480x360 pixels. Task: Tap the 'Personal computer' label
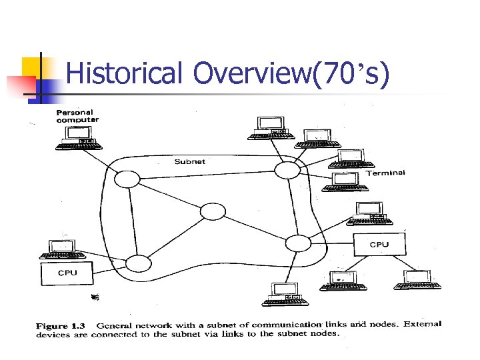click(77, 115)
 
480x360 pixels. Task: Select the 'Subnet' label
click(189, 161)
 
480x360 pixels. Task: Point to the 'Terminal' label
click(385, 173)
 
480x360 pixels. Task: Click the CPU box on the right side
click(379, 244)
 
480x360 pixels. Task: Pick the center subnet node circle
click(213, 212)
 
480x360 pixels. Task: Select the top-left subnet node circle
click(127, 179)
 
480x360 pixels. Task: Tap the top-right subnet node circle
click(288, 170)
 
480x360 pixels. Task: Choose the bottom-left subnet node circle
click(139, 263)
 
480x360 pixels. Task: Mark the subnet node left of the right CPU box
click(298, 243)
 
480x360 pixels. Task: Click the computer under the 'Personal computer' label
click(79, 137)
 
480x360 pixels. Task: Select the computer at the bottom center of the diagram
click(285, 295)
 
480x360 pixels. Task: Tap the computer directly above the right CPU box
click(371, 212)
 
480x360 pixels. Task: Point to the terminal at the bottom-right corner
click(417, 280)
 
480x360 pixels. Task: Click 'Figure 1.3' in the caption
click(60, 325)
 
